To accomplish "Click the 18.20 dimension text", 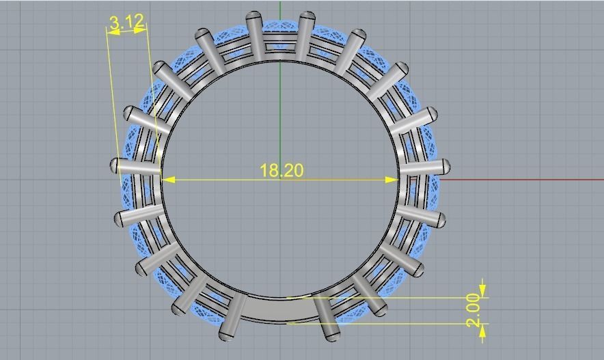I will click(x=281, y=170).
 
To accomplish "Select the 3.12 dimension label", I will click(x=126, y=23).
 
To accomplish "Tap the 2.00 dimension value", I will click(x=475, y=311).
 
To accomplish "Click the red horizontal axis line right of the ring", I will click(x=519, y=180).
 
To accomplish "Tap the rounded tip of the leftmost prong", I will click(x=115, y=165).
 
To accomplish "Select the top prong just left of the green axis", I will click(x=254, y=17).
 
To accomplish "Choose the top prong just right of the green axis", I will click(x=307, y=17).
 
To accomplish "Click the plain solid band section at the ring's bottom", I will click(x=280, y=309).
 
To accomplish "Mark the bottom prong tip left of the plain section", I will click(x=225, y=335).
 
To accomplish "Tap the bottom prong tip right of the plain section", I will click(x=333, y=335).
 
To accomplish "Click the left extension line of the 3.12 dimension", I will click(x=113, y=102).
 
